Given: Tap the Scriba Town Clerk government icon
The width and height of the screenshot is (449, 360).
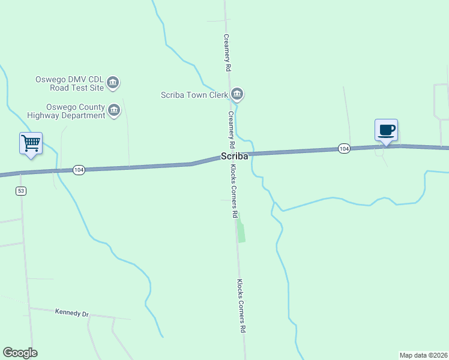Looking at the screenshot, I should [237, 94].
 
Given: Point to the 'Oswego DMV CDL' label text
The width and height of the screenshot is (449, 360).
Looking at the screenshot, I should [70, 79].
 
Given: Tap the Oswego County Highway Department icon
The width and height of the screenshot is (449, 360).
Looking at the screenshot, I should [114, 110].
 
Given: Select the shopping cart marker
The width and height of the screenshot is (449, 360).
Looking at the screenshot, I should [31, 143].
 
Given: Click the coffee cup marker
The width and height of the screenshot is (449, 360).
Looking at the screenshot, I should [386, 130].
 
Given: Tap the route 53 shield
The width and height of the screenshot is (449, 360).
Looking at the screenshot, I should [21, 191].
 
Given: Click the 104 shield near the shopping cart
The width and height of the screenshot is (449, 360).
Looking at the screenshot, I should [79, 170].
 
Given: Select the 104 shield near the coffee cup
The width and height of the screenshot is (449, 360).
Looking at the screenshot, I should [343, 148].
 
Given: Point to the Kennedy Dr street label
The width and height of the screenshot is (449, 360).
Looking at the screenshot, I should [71, 313].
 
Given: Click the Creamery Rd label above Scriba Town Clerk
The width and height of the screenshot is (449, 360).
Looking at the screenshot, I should [227, 53].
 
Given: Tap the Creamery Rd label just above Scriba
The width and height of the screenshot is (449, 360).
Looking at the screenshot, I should [231, 130].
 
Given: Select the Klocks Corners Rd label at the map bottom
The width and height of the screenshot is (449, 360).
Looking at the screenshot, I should [241, 306].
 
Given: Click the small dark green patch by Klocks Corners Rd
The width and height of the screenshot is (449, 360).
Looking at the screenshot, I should [241, 232].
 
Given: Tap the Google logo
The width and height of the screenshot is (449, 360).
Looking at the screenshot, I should [20, 353].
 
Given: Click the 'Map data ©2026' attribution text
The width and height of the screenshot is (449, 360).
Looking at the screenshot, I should [423, 355].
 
